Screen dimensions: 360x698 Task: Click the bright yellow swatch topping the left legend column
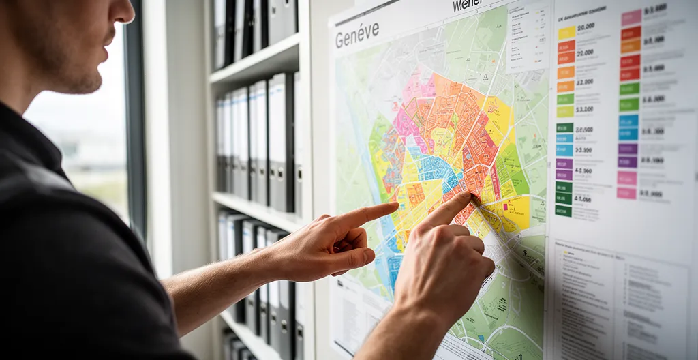click(x=566, y=32)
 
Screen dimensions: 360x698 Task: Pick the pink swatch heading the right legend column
click(x=631, y=18)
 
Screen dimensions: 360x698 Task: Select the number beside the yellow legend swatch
click(x=586, y=28)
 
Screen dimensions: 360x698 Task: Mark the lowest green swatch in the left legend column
click(x=563, y=211)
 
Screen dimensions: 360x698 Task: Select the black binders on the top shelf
click(x=252, y=27)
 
